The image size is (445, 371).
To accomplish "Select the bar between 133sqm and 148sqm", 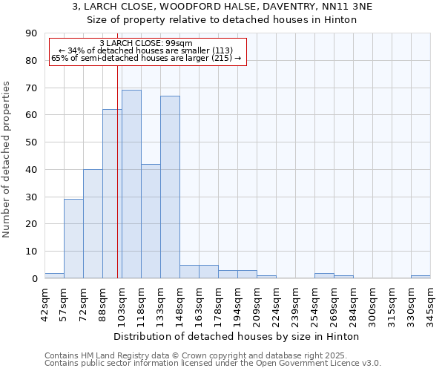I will coord(170,187).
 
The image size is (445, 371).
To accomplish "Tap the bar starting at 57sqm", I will coord(73,239).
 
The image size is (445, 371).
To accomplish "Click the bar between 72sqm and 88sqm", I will coord(93,224).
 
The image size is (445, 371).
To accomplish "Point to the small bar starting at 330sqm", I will coord(421,277).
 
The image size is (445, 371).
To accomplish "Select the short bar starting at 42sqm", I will coord(54,275).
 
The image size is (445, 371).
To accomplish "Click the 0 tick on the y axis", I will coord(34,278).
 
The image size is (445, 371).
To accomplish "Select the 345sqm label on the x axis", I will coord(430,301).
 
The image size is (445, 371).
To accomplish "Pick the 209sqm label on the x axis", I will coord(257,301).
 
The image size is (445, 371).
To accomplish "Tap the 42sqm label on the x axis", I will coord(44,301).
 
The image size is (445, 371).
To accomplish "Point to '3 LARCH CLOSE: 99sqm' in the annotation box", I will coord(146,44).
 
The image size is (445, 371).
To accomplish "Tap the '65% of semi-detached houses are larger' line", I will coord(146,58).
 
